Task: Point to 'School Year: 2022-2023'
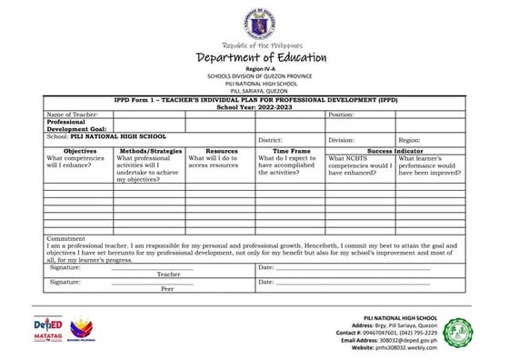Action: (254, 106)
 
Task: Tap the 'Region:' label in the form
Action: (409, 141)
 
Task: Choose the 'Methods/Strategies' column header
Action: (150, 151)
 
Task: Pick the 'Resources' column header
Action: (221, 151)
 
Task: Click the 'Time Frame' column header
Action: (291, 151)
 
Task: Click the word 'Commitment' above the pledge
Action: (66, 238)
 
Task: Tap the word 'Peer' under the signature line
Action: (167, 288)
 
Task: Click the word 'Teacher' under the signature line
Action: (168, 274)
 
